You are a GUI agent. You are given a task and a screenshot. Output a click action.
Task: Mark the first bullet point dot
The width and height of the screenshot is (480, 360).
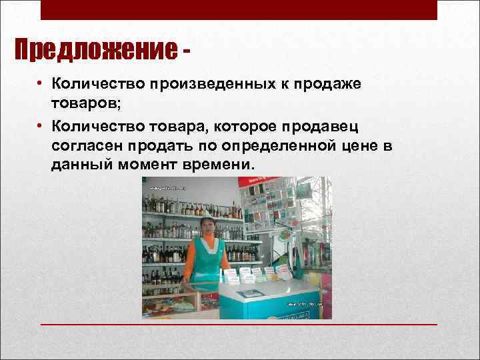pyautogui.click(x=41, y=85)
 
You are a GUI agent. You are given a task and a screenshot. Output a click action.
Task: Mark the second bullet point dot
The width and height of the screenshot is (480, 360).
pyautogui.click(x=41, y=125)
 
